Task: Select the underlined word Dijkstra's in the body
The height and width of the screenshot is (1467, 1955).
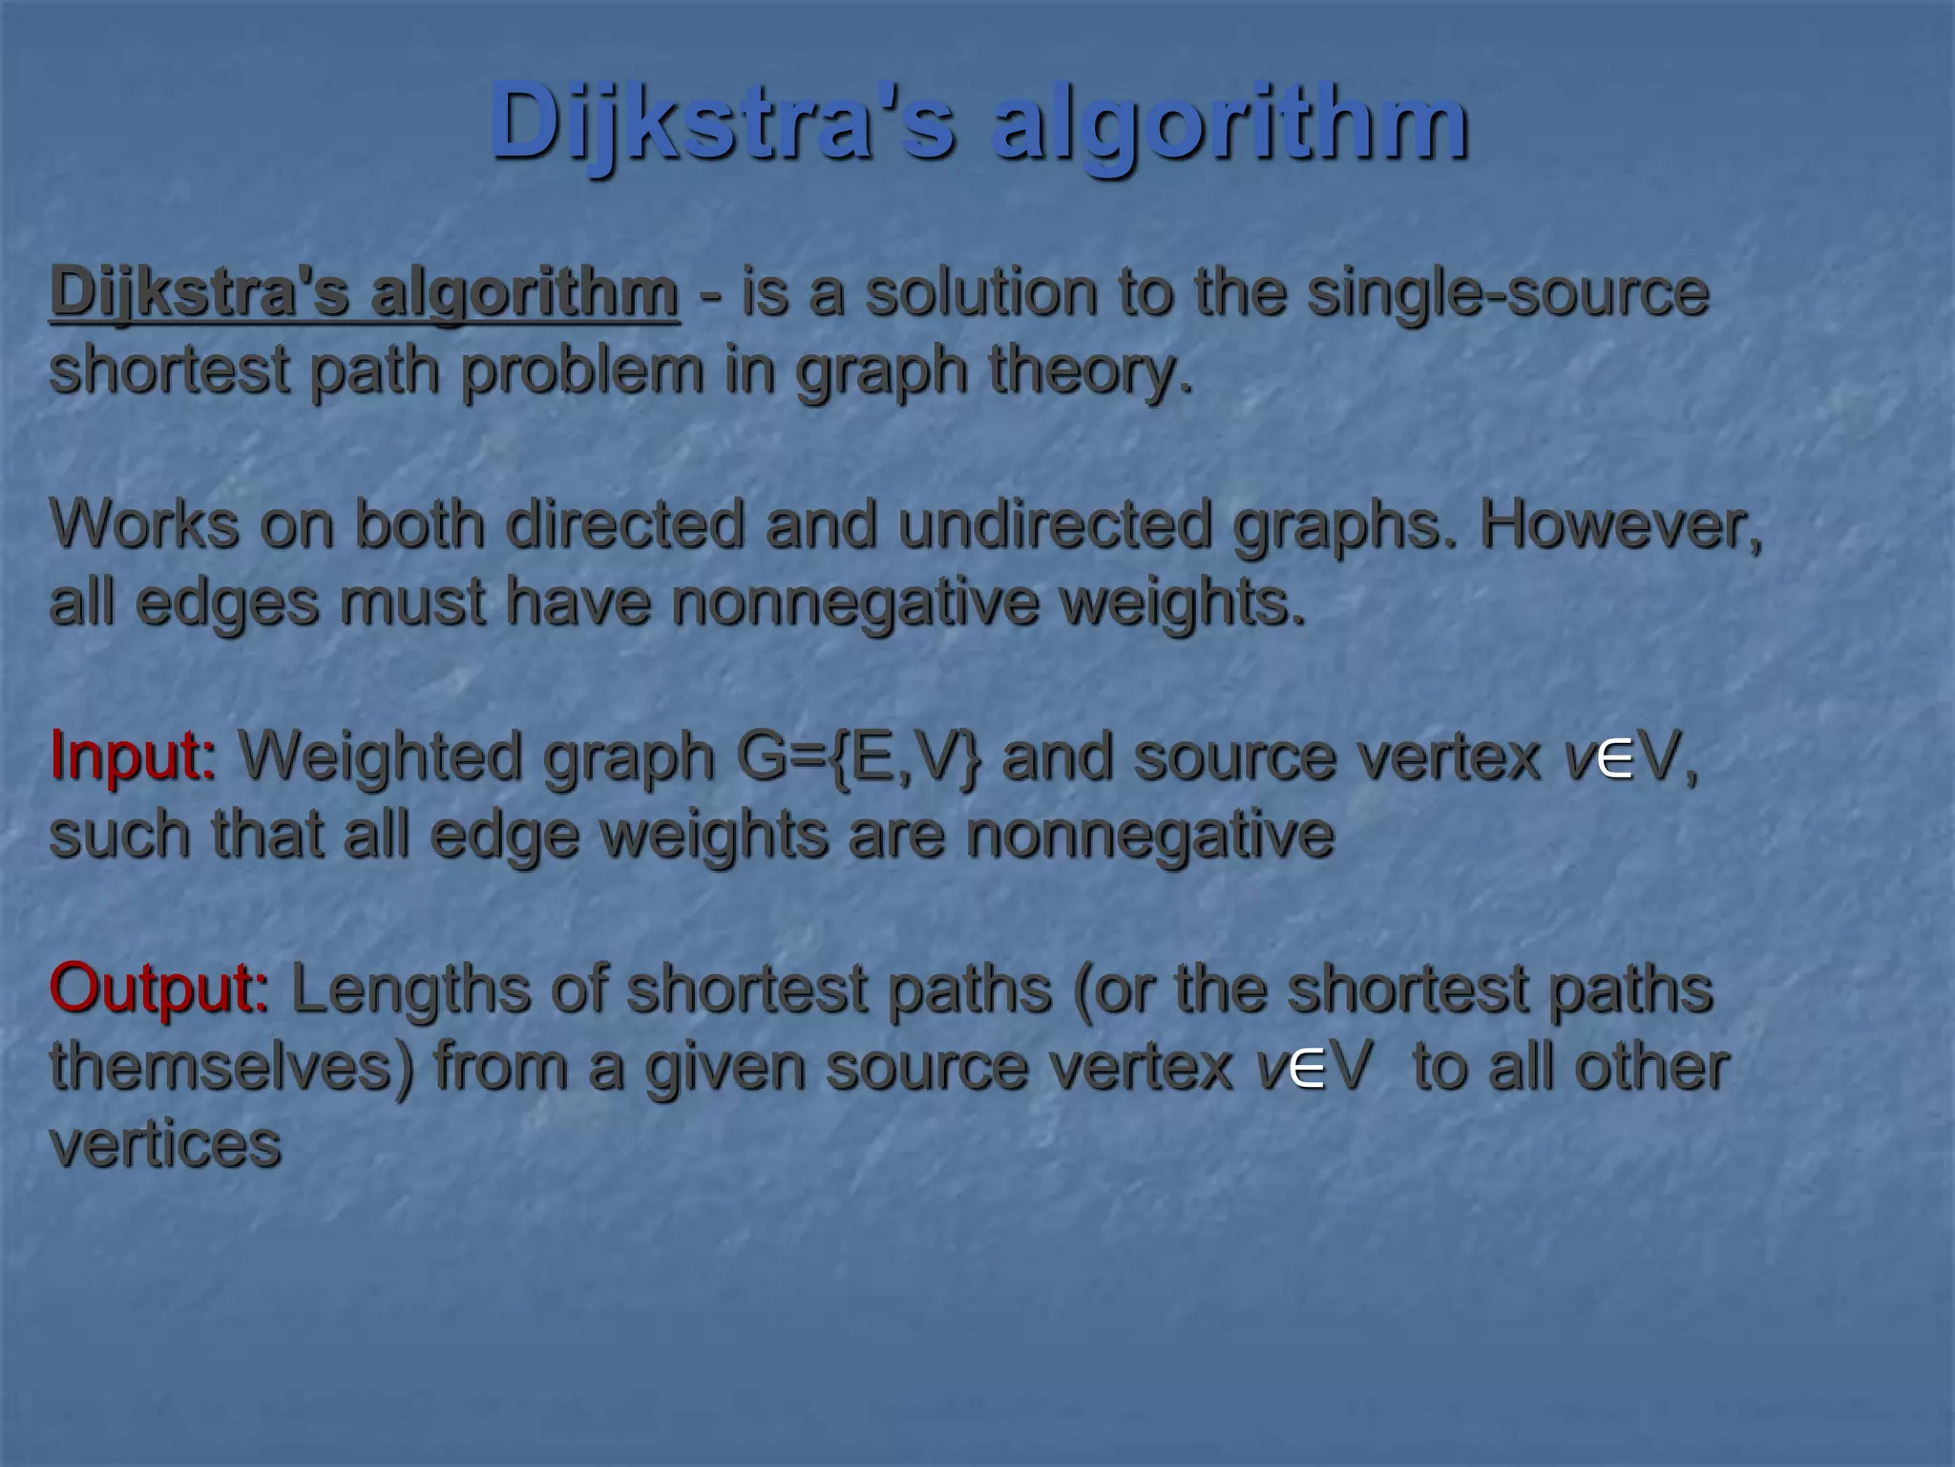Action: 200,292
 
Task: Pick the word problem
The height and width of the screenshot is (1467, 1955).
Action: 582,371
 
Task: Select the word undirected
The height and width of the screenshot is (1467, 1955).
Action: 1055,524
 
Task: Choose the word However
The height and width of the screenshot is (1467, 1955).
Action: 1619,524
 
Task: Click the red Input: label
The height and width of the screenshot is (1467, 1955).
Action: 133,756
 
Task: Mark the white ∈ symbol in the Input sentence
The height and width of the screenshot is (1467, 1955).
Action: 1614,761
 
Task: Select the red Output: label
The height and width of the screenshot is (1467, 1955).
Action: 158,989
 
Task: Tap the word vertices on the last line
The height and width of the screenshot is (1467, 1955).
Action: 165,1144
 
